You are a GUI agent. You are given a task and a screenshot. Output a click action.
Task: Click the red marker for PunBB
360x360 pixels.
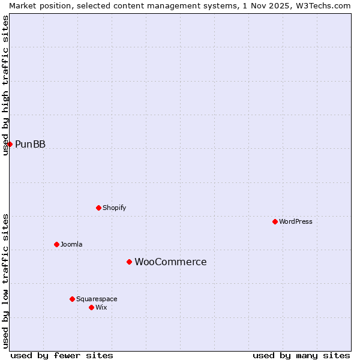click(x=10, y=144)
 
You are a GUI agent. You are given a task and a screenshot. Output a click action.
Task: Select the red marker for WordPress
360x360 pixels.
click(x=275, y=221)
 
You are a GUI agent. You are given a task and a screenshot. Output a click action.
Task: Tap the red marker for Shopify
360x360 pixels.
click(x=98, y=208)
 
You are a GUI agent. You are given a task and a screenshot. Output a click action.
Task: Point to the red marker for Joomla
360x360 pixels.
click(x=56, y=244)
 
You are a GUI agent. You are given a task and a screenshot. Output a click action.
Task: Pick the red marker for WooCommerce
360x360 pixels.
click(x=129, y=262)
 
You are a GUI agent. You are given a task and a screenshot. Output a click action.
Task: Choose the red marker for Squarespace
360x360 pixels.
click(x=72, y=299)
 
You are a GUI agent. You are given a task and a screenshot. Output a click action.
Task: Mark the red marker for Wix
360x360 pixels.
click(x=91, y=307)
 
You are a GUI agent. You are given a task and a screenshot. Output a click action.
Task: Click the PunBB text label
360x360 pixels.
click(x=30, y=144)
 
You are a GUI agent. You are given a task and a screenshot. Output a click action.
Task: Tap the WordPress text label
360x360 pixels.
click(x=296, y=221)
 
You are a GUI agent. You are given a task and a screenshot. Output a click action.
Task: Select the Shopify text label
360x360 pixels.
click(x=115, y=208)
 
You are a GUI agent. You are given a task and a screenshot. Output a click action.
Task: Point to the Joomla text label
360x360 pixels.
click(x=71, y=244)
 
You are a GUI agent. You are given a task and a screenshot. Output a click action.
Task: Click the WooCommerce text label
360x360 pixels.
click(x=170, y=262)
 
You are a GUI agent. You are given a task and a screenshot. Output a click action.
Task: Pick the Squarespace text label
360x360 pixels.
click(x=97, y=299)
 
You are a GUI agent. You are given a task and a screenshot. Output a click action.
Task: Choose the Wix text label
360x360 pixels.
click(x=101, y=307)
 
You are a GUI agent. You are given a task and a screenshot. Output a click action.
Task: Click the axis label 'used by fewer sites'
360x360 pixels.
click(x=62, y=355)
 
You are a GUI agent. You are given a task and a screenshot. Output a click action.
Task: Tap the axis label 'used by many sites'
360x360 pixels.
click(x=301, y=355)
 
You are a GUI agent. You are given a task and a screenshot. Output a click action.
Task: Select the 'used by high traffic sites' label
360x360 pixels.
click(x=5, y=85)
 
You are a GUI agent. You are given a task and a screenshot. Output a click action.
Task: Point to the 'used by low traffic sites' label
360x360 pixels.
click(x=5, y=281)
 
